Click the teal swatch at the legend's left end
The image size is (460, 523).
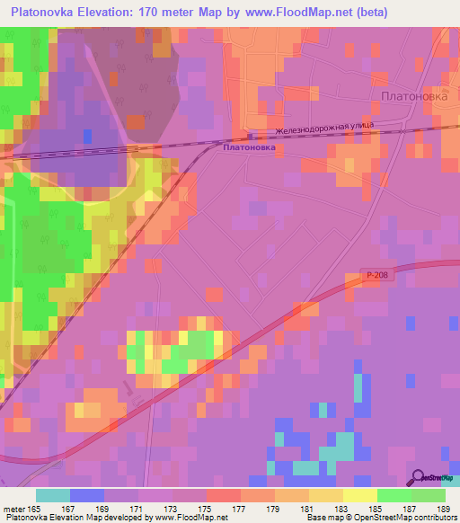pos(52,495)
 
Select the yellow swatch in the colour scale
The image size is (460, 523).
pos(359,495)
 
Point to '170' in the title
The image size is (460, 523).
pos(160,12)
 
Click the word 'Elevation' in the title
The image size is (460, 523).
pos(112,12)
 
